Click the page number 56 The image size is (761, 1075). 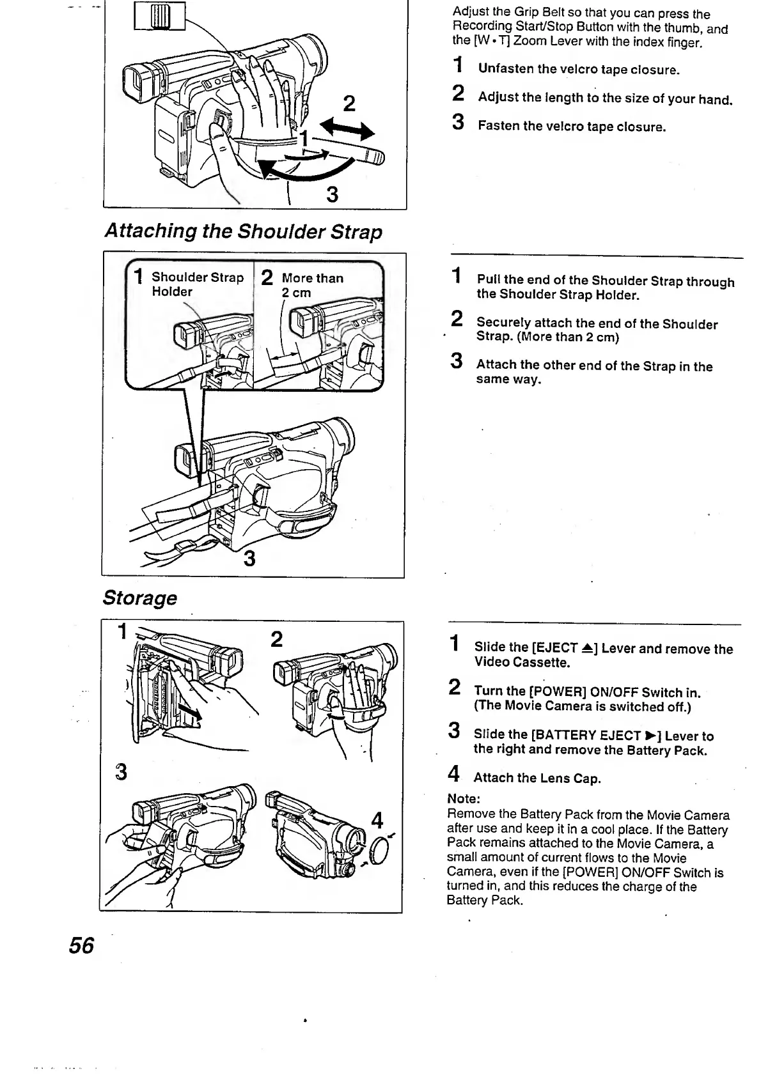(81, 945)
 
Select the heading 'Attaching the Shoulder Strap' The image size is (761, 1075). (243, 231)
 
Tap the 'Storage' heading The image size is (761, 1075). (139, 598)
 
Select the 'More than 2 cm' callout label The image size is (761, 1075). (312, 285)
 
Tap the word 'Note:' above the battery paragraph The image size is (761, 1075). (464, 799)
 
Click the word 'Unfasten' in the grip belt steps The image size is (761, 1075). (506, 69)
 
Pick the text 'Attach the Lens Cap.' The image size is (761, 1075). (537, 778)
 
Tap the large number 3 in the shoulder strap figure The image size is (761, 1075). (249, 559)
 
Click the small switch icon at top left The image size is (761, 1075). (159, 16)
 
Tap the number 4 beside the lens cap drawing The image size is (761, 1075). (377, 820)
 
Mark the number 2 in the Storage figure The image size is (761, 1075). (276, 639)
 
